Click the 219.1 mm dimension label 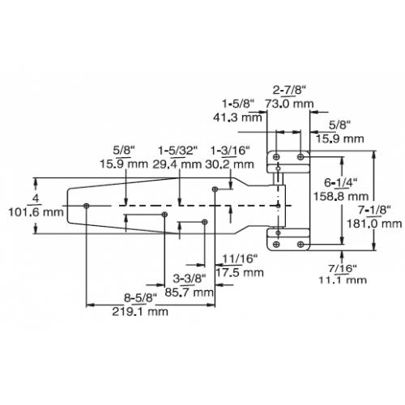coord(140,312)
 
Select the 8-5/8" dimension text coord(140,298)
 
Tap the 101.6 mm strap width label coord(36,212)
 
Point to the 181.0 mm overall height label coord(374,224)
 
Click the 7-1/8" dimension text coord(374,210)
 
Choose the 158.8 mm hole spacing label coord(341,196)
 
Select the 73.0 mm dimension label coord(289,104)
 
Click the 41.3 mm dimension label coord(237,117)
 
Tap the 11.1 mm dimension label coord(343,279)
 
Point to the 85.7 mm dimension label coord(189,292)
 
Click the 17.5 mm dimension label coord(240,272)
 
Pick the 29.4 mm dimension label coord(177,164)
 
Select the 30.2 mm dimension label coord(229,164)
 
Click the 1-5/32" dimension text coord(178,150)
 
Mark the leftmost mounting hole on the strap coord(87,206)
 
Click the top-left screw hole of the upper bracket coord(276,157)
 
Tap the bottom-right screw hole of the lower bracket coord(301,245)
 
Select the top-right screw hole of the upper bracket coord(301,157)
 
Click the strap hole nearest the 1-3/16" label coord(215,189)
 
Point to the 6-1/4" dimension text coord(341,182)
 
